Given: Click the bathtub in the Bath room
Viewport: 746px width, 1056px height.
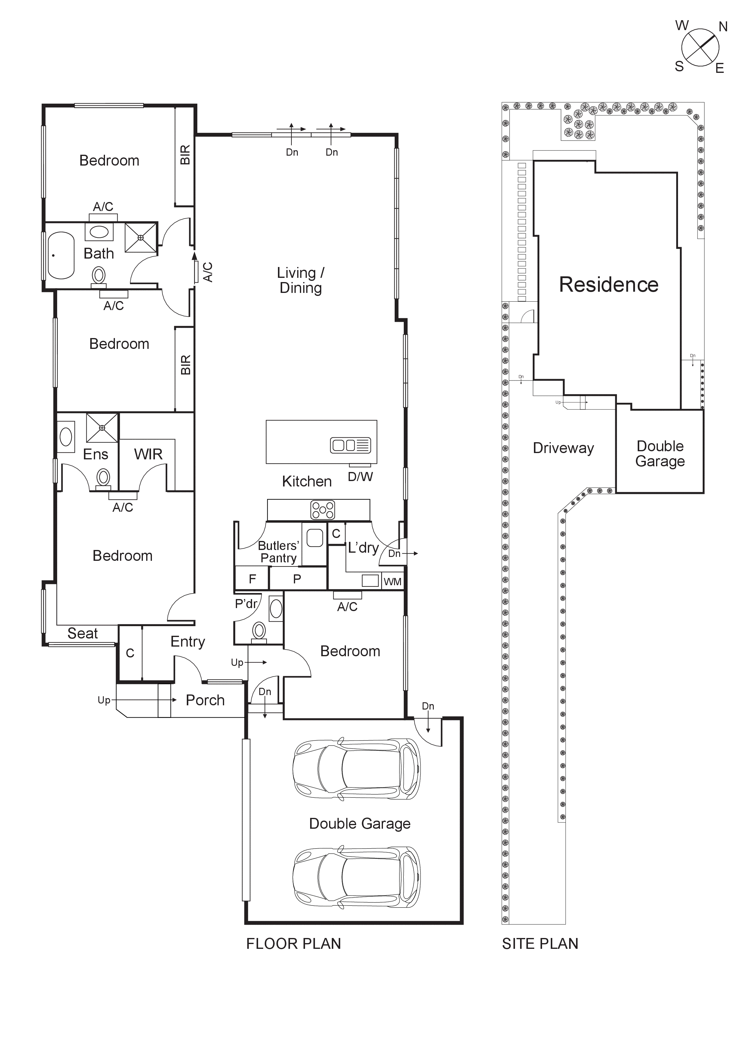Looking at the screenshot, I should click(61, 256).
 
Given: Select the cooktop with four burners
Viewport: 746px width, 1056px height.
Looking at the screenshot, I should click(323, 510).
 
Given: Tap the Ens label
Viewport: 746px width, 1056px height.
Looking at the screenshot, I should click(96, 455).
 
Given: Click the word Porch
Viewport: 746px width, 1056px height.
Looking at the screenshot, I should click(205, 700).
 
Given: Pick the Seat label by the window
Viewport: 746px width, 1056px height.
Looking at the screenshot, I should click(83, 633).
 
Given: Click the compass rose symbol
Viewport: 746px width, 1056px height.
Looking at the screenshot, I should click(700, 47).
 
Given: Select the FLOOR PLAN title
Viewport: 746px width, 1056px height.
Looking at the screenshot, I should click(293, 944).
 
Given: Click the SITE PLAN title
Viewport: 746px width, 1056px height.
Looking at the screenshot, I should click(540, 944).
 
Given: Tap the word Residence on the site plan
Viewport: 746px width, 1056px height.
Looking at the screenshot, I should click(609, 285).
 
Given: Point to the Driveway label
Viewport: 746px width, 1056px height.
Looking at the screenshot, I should click(563, 448).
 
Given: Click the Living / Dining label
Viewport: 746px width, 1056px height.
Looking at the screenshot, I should click(301, 280).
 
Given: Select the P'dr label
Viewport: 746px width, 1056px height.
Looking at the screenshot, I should click(246, 604).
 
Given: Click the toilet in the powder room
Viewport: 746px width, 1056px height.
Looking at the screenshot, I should click(259, 631).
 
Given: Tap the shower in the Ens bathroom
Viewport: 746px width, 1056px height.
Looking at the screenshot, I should click(102, 428).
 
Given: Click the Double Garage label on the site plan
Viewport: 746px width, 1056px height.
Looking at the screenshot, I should click(660, 453).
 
